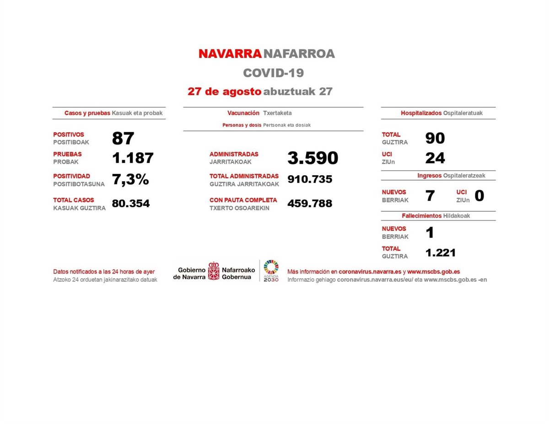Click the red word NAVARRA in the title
(230, 54)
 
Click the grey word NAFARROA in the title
(299, 54)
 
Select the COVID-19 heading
(273, 73)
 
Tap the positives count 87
(123, 138)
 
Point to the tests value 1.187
(133, 158)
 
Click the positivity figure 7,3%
(130, 180)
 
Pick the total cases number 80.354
(131, 204)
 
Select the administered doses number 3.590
(312, 158)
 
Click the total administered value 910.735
(310, 179)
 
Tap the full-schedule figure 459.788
(310, 204)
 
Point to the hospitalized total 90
(435, 138)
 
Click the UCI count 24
(435, 158)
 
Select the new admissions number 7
(430, 196)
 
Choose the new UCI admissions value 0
(479, 196)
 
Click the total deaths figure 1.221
(440, 252)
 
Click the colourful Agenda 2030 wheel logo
(271, 267)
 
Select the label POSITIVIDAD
(72, 176)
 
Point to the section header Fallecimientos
(421, 216)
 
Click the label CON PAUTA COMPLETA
(243, 200)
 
